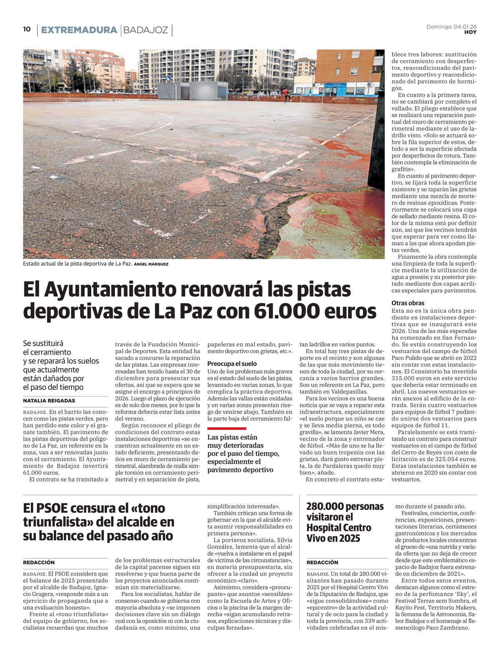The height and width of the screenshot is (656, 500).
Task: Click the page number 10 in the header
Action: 27,29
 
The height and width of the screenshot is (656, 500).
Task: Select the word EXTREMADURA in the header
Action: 79,30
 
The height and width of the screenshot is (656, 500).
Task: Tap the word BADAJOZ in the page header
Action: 145,30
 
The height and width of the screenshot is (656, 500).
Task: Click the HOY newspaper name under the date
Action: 470,32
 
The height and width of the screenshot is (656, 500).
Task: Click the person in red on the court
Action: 285,95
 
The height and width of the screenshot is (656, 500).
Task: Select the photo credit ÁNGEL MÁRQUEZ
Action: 151,264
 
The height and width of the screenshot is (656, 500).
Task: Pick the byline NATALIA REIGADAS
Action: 49,401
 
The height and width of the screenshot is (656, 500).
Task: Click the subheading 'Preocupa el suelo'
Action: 232,364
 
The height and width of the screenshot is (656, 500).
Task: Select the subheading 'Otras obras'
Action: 408,303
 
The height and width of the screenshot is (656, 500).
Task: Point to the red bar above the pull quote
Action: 227,428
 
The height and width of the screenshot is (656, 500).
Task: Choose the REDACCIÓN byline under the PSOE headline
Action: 39,562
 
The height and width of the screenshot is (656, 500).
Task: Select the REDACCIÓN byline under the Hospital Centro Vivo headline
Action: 322,562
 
